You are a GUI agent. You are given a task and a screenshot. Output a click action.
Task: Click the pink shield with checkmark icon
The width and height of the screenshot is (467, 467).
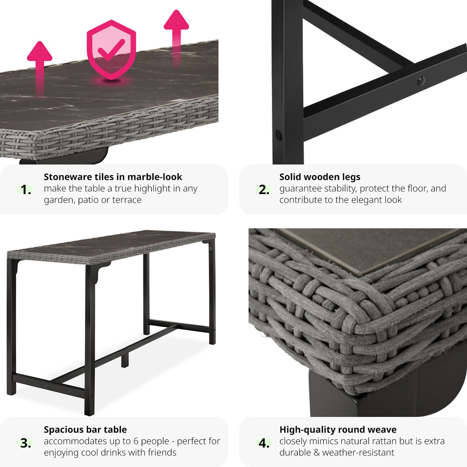[x=112, y=50]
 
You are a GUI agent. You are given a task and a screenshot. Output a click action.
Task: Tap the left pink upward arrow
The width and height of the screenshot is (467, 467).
[x=40, y=69]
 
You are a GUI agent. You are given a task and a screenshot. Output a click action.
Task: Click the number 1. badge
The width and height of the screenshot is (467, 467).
[x=26, y=190]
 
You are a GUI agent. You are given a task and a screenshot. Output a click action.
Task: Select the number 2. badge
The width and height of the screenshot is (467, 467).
[x=264, y=190]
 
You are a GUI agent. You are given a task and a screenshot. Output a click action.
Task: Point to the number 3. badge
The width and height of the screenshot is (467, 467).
[x=26, y=443]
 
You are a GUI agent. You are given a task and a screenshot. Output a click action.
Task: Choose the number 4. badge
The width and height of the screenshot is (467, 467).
[x=264, y=443]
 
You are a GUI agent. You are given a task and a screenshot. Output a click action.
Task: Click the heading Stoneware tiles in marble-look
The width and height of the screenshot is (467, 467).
[x=113, y=177]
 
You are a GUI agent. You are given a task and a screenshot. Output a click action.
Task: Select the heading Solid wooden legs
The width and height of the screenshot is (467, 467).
[x=320, y=177]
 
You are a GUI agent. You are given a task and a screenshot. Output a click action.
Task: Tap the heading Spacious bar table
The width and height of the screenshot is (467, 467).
[x=85, y=430]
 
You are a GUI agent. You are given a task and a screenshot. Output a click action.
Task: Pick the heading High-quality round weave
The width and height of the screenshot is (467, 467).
[x=338, y=430]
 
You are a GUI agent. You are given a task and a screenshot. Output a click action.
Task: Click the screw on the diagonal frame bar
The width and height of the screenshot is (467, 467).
[x=421, y=80]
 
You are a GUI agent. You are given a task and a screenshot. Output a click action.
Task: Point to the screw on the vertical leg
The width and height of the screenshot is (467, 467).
[x=277, y=135]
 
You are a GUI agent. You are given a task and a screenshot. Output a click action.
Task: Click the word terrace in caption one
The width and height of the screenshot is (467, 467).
[x=126, y=200]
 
